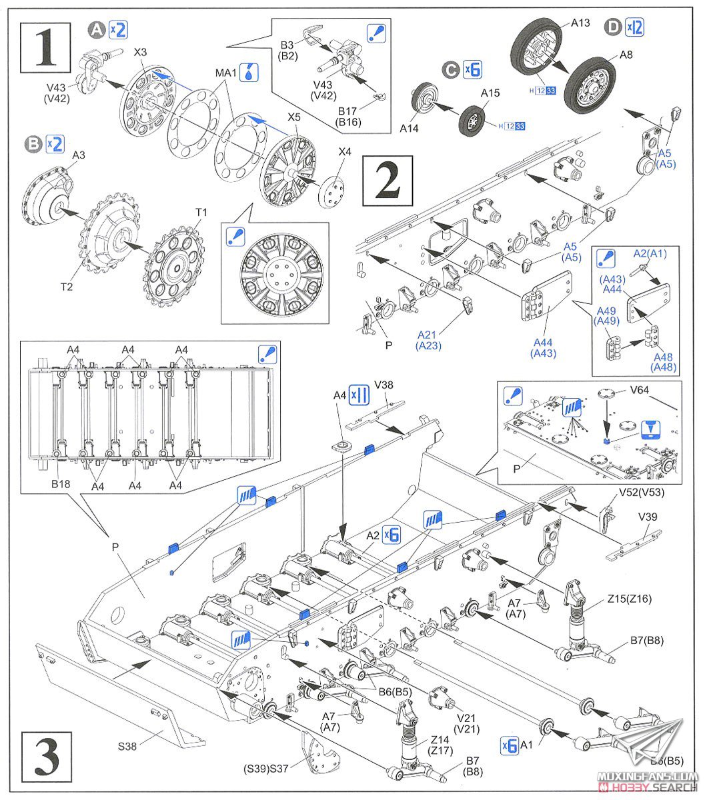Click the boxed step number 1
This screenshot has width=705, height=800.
(46, 47)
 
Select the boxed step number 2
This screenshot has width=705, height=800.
(388, 181)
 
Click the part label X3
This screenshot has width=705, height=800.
(140, 51)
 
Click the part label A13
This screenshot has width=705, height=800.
(580, 23)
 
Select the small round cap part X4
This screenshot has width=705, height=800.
(333, 192)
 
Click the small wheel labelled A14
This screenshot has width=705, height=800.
(424, 99)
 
